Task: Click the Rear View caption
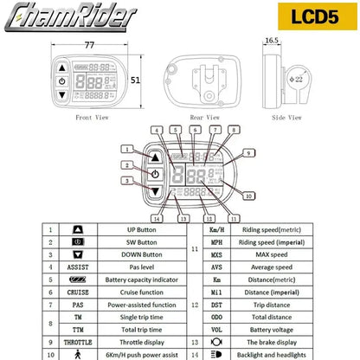[196, 115]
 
